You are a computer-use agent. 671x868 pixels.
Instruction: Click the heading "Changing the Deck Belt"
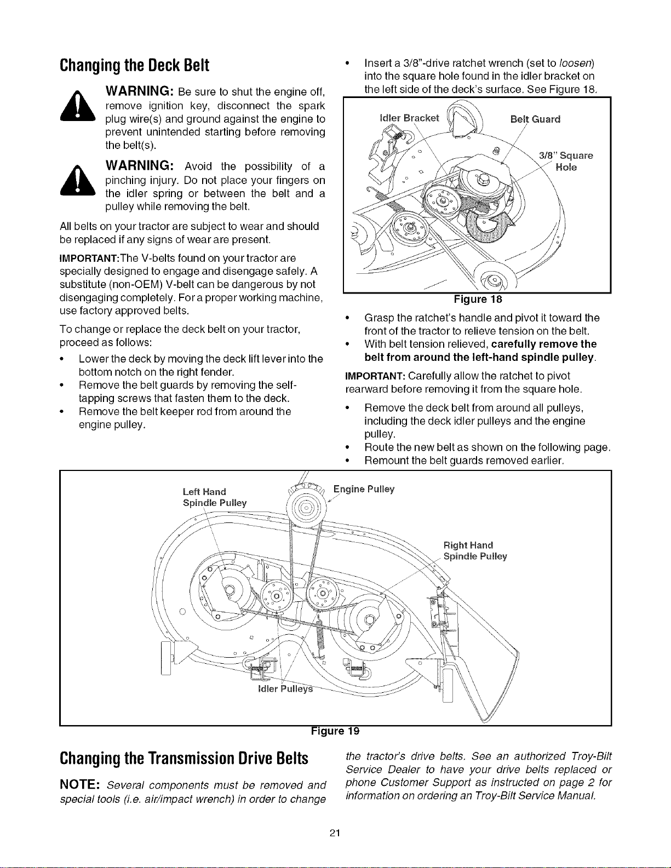pos(134,66)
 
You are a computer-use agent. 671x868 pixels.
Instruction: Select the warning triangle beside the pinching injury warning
pos(78,180)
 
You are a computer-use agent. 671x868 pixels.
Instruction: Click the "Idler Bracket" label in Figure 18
pos(409,118)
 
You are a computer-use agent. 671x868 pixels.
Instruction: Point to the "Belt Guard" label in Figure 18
pos(535,119)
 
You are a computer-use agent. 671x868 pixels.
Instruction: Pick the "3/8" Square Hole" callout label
pos(566,162)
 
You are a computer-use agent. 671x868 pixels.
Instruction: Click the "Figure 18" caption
pos(478,299)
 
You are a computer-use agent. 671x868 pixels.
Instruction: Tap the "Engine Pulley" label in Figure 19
pos(364,490)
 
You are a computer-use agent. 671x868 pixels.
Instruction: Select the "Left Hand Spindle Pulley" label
pos(215,497)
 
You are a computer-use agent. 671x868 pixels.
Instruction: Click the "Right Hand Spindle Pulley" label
pos(475,551)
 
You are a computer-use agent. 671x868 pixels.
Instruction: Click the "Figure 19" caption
pos(335,731)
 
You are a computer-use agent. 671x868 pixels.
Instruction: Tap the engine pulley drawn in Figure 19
pos(307,508)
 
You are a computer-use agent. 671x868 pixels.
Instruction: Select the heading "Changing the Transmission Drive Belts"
pos(183,758)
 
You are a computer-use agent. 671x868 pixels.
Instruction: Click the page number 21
pos(335,833)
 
